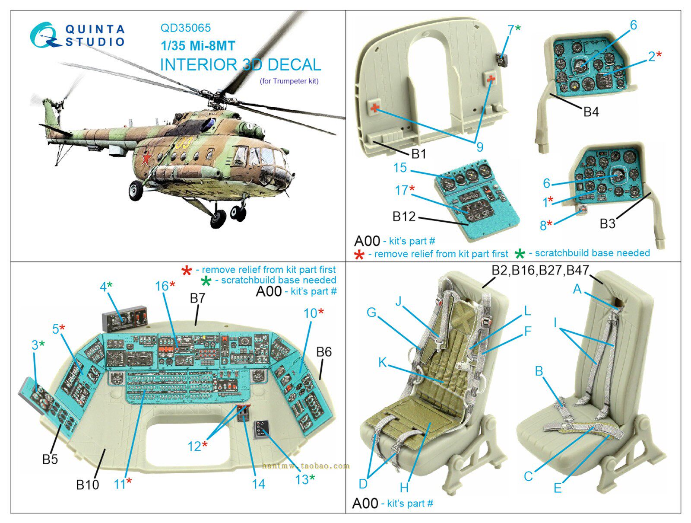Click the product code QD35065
point(185,28)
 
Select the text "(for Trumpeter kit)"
point(289,81)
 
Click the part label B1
point(418,154)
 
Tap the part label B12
point(404,216)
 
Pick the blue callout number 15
point(400,168)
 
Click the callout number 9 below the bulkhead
point(479,147)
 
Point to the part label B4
point(591,112)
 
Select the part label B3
point(607,223)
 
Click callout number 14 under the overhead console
point(258,484)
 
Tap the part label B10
point(87,485)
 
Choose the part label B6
point(323,352)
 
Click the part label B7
point(197,298)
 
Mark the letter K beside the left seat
point(382,362)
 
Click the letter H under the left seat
point(404,488)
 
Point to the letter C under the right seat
point(528,476)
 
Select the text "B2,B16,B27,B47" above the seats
point(540,271)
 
